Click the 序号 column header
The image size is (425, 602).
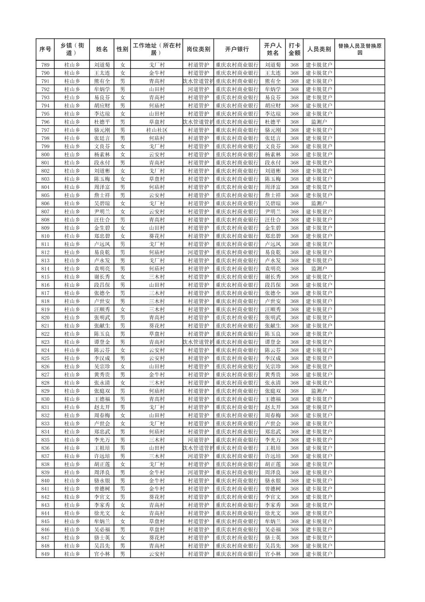[45, 49]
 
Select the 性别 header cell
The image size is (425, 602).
[122, 49]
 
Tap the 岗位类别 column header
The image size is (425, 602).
[198, 49]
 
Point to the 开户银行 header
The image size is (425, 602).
[237, 49]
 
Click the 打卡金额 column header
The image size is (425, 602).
[294, 49]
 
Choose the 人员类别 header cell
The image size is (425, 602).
[319, 49]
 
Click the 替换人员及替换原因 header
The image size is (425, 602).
[359, 49]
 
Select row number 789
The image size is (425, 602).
[45, 65]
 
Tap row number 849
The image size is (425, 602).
[45, 554]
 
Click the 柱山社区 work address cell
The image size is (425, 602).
[157, 130]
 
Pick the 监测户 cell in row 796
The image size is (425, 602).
[319, 122]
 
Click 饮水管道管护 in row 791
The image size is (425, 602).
[198, 81]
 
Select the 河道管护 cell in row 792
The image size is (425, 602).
[198, 89]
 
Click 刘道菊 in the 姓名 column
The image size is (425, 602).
[102, 65]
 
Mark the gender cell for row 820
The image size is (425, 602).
[122, 317]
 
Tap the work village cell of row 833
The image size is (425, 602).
[157, 423]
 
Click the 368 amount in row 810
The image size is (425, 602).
[294, 236]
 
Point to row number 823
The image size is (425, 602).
[45, 342]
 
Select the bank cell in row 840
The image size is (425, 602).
[237, 480]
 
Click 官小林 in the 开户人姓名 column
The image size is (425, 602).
[273, 554]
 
